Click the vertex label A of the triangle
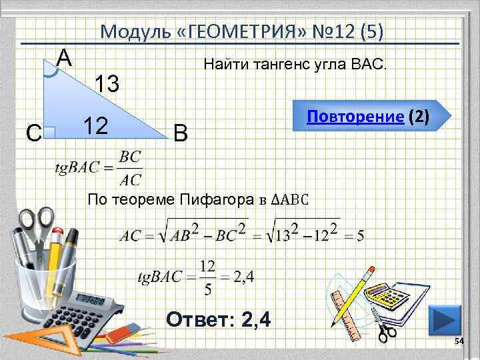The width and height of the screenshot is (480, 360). pyautogui.click(x=64, y=58)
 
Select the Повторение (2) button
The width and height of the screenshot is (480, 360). pyautogui.click(x=368, y=118)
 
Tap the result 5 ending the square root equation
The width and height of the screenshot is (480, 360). pyautogui.click(x=360, y=236)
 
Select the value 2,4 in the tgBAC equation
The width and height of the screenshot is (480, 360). pyautogui.click(x=242, y=276)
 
